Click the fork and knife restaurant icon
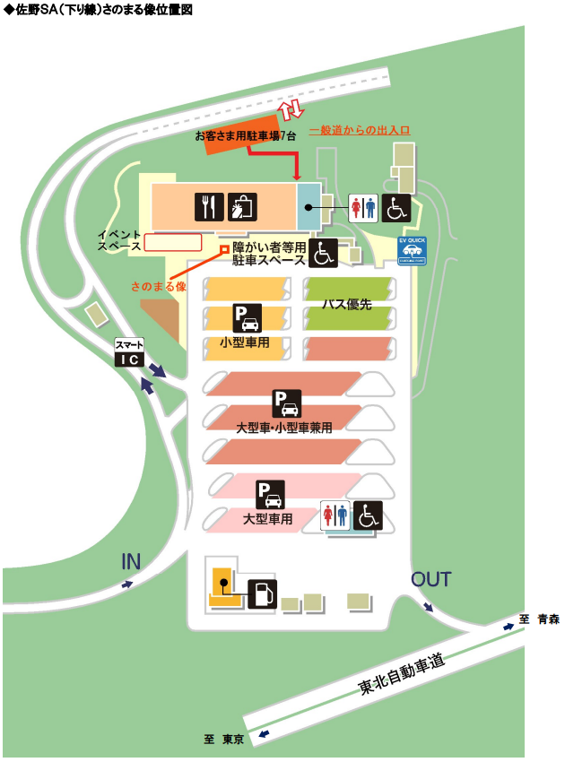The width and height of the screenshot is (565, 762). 208,207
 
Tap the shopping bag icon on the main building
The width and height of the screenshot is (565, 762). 242,207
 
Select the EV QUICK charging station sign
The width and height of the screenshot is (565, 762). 412,250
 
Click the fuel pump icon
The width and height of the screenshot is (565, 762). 262,593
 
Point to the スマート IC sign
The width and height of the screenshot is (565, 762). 129,352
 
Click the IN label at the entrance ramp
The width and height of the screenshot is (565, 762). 132,562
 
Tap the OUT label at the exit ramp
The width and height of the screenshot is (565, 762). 430,579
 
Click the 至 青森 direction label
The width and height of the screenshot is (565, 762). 538,619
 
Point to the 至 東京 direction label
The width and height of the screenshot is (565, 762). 224,740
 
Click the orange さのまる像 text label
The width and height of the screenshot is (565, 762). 158,287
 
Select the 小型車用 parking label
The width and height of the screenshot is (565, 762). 245,342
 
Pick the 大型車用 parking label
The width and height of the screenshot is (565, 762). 268,518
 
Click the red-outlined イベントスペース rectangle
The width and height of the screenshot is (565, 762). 172,241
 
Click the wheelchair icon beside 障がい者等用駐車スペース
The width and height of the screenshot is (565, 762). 324,254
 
